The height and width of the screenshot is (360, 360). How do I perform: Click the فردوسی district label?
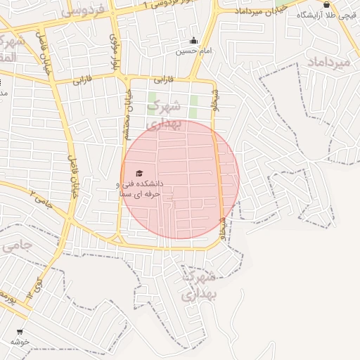pyautogui.click(x=82, y=10)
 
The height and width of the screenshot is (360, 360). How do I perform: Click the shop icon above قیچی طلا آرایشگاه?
pyautogui.click(x=326, y=4)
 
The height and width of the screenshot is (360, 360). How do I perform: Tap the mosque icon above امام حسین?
pyautogui.click(x=194, y=41)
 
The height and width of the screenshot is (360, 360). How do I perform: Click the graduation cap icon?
pyautogui.click(x=139, y=173)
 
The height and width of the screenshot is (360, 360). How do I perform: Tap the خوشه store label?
pyautogui.click(x=19, y=342)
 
